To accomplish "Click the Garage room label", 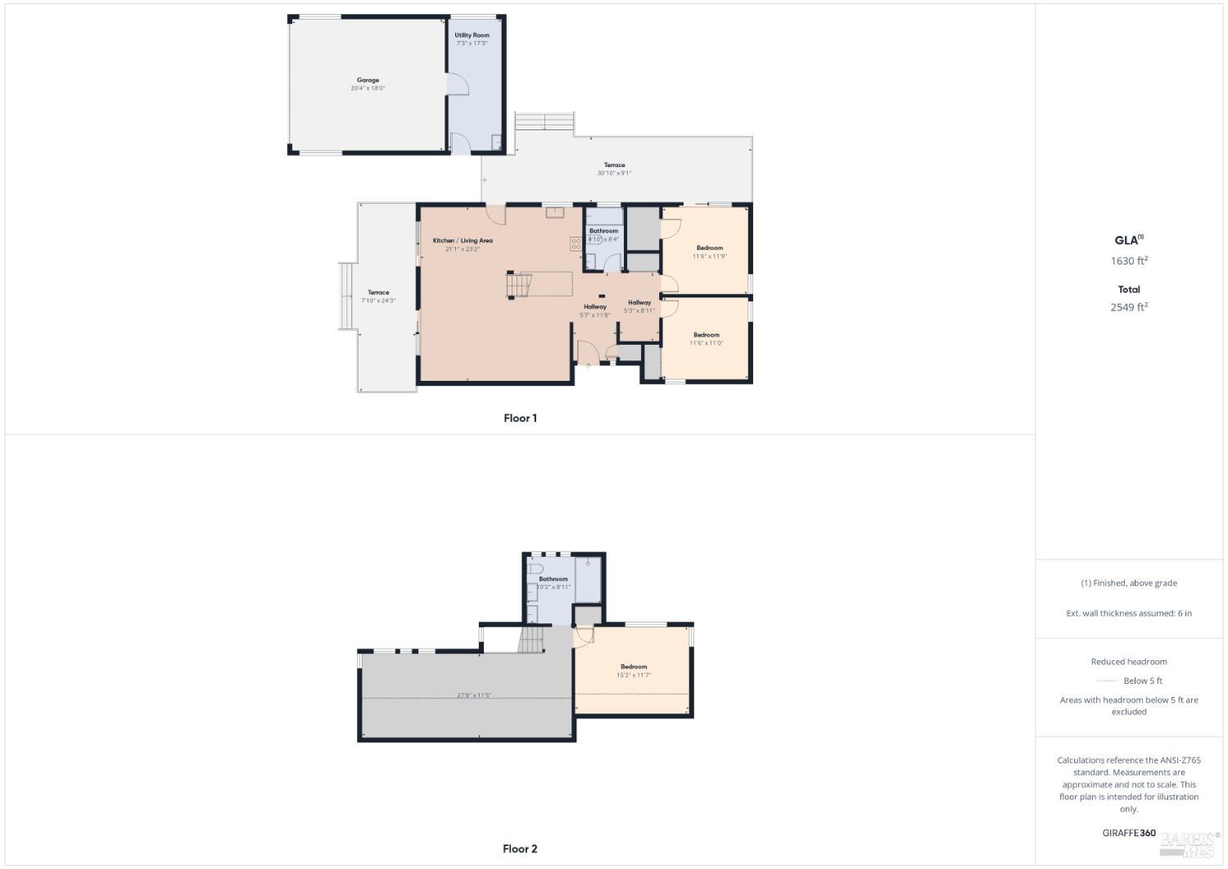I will point(368,80).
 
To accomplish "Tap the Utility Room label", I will point(472,35).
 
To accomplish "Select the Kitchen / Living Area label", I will point(463,241).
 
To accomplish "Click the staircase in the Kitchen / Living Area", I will point(519,285).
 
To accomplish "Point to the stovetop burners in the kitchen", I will point(576,242).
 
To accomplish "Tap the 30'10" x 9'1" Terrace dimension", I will point(614,173).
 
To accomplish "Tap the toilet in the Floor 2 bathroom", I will point(535,568).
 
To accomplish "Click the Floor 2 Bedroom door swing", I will point(583,636).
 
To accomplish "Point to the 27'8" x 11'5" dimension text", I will point(474,695).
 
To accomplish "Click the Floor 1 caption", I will point(520,419).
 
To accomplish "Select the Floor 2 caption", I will point(520,849).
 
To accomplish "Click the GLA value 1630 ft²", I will point(1129,261).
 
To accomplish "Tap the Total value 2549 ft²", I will point(1129,307).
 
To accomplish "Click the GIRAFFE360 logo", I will point(1129,833).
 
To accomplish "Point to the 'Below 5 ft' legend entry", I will point(1142,681).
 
